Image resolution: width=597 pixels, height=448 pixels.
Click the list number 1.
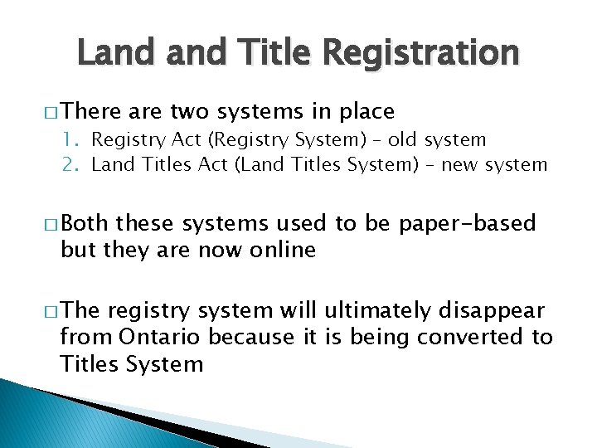[x=68, y=140]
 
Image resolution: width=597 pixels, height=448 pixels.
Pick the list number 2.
[x=70, y=164]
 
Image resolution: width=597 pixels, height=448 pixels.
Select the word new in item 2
[x=465, y=164]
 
